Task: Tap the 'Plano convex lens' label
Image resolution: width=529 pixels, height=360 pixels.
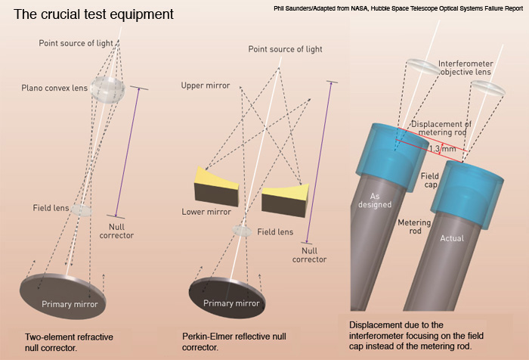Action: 55,88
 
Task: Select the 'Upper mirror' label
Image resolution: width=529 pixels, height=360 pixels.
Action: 206,86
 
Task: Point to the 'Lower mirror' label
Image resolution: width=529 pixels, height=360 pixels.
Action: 206,213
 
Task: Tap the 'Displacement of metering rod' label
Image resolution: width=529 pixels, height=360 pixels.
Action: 441,129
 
